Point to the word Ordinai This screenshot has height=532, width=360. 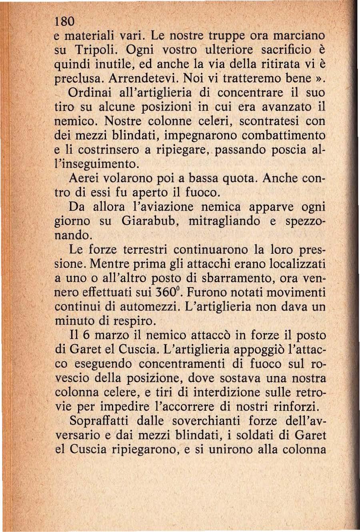[90, 92]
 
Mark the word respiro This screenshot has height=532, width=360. [132, 321]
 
